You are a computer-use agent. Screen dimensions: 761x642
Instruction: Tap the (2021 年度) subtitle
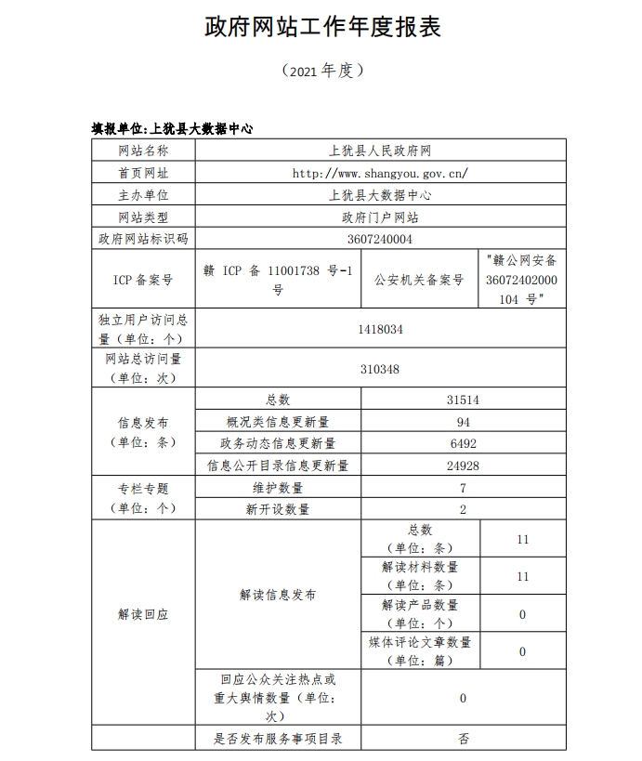coord(321,71)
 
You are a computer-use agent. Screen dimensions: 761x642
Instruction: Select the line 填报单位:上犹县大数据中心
coord(172,128)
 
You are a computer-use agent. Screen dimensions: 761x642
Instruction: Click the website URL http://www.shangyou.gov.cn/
coord(380,173)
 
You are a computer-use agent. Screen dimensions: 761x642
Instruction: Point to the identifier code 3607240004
coord(380,239)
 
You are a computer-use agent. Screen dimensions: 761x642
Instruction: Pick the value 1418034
coord(380,329)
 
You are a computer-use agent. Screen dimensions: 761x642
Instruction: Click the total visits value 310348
coord(380,369)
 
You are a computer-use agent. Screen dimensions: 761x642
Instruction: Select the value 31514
coord(463,400)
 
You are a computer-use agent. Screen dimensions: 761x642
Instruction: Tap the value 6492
coord(463,443)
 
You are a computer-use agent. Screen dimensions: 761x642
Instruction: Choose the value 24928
coord(463,465)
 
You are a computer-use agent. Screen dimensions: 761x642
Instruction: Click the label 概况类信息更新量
coord(278,422)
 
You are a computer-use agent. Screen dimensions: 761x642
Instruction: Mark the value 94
coord(463,422)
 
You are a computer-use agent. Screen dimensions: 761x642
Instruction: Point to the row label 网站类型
coord(143,217)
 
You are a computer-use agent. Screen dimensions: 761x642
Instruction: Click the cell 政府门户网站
coord(380,217)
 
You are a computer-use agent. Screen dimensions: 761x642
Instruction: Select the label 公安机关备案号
coord(418,280)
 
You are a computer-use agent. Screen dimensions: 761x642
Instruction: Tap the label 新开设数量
coord(278,509)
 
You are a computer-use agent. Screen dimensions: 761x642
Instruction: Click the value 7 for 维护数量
coord(463,488)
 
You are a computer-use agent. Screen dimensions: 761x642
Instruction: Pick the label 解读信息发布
coord(278,595)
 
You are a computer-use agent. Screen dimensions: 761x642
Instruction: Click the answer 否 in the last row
coord(463,739)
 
